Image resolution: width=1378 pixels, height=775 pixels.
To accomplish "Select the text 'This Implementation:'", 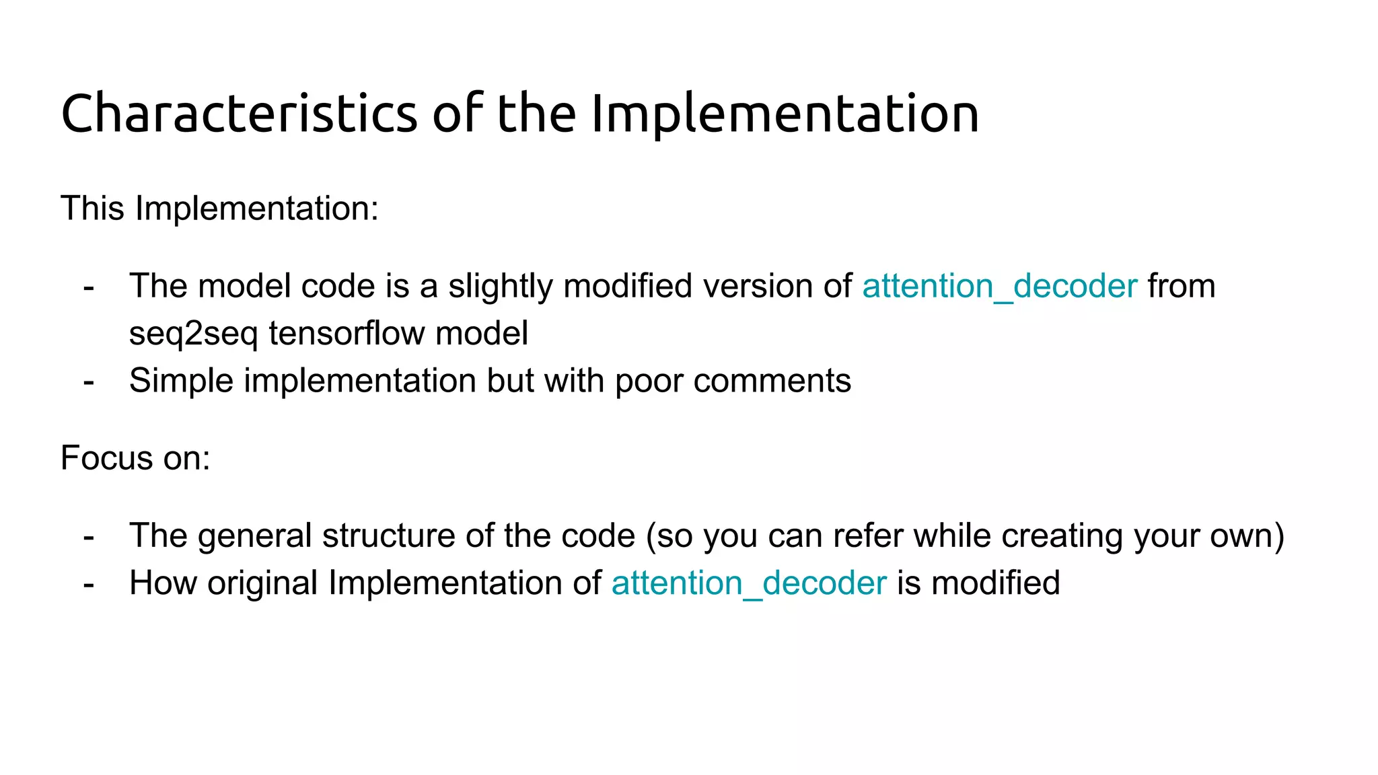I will pos(219,208).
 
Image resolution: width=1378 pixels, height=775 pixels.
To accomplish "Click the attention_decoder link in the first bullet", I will pos(999,286).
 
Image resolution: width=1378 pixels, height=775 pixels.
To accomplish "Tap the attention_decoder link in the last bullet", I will pos(748,583).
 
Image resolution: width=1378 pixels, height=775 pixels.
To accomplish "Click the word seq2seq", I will pos(193,334).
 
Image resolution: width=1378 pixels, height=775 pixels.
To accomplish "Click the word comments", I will pos(772,381).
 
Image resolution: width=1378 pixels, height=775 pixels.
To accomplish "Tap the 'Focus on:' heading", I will pos(135,458).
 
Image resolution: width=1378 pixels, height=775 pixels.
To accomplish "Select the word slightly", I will pos(500,286).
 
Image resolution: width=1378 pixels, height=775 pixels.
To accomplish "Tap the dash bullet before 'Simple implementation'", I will pos(89,381).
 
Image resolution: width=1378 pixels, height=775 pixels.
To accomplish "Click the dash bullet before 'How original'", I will pos(89,583).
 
